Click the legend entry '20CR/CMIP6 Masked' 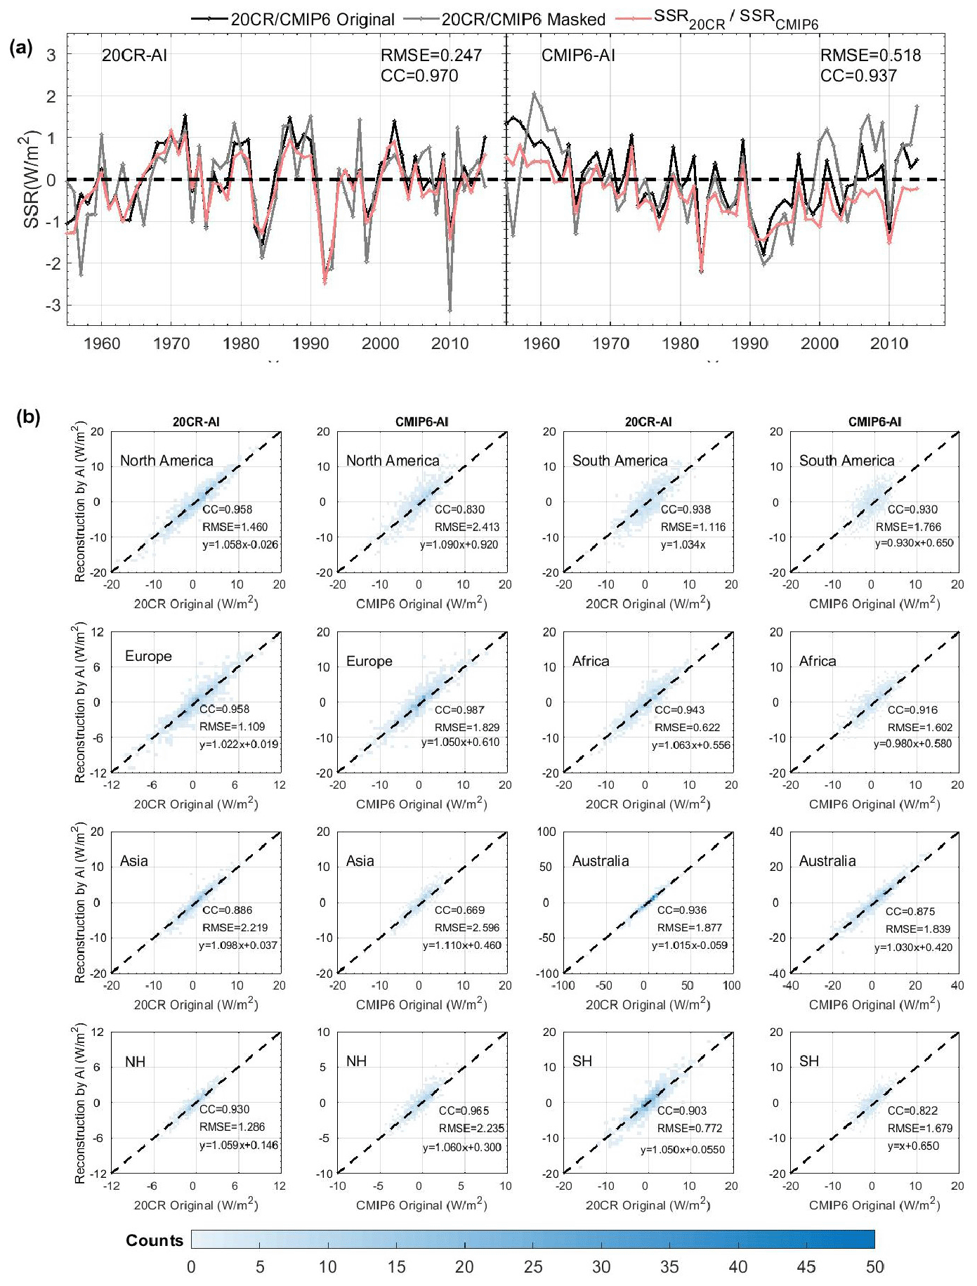point(523,19)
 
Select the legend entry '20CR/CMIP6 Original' point(313,19)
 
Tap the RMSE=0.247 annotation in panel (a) point(431,55)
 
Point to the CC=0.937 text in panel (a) point(858,76)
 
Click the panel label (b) point(28,417)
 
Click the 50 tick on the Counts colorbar point(874,1266)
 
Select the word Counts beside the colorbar point(155,1240)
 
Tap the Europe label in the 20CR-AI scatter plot point(148,656)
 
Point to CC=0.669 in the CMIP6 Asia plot point(459,910)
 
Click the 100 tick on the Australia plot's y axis point(546,832)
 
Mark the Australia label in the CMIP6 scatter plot point(827,861)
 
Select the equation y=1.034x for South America point(683,545)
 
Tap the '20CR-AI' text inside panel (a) point(134,55)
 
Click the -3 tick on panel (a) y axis point(51,306)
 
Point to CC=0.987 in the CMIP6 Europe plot point(459,710)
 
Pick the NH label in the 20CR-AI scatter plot point(135,1061)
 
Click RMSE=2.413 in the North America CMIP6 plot point(466,527)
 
